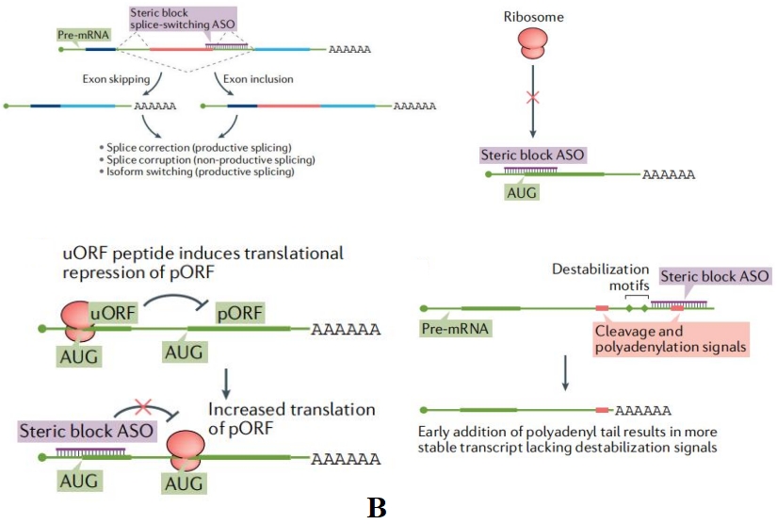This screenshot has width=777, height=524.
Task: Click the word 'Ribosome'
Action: [x=533, y=17]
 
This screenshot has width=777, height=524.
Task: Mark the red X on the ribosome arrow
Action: [x=533, y=97]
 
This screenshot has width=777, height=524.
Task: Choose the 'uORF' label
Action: [x=108, y=310]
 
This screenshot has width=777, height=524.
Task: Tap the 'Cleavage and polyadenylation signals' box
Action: [x=671, y=340]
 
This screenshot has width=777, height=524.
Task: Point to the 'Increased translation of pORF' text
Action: [x=292, y=418]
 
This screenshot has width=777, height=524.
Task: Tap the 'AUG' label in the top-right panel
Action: [x=523, y=190]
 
